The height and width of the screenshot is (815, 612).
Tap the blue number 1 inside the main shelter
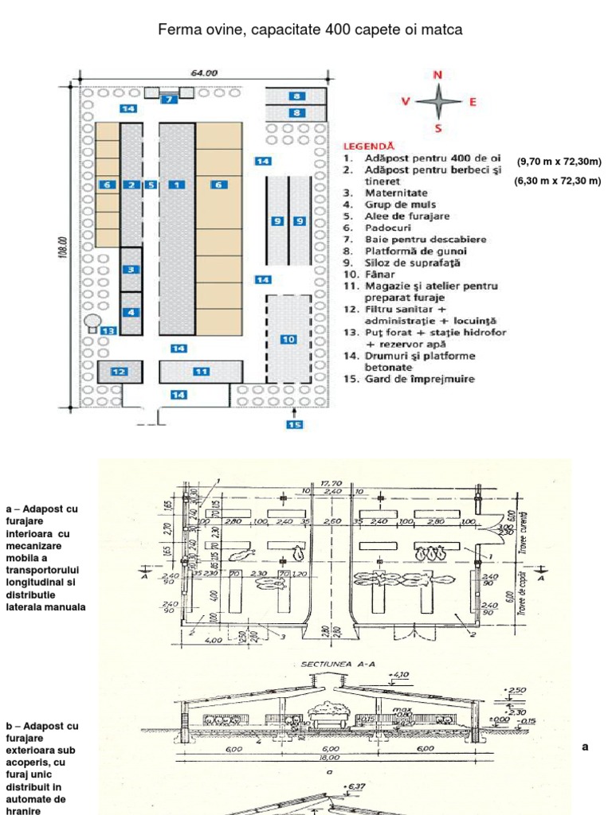tap(176, 185)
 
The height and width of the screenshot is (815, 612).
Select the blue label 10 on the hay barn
tap(288, 339)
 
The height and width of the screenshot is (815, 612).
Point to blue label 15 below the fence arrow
tap(296, 425)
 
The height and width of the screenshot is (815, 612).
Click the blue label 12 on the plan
tap(119, 371)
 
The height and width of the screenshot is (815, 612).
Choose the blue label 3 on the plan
tap(130, 270)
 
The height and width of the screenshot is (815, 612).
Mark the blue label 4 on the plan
tap(130, 312)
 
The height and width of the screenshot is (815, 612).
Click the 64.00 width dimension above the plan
tap(203, 72)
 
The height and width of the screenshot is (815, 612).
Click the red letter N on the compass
tap(437, 75)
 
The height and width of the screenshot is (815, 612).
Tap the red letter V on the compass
tap(406, 102)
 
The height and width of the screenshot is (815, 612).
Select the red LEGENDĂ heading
tap(368, 146)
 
